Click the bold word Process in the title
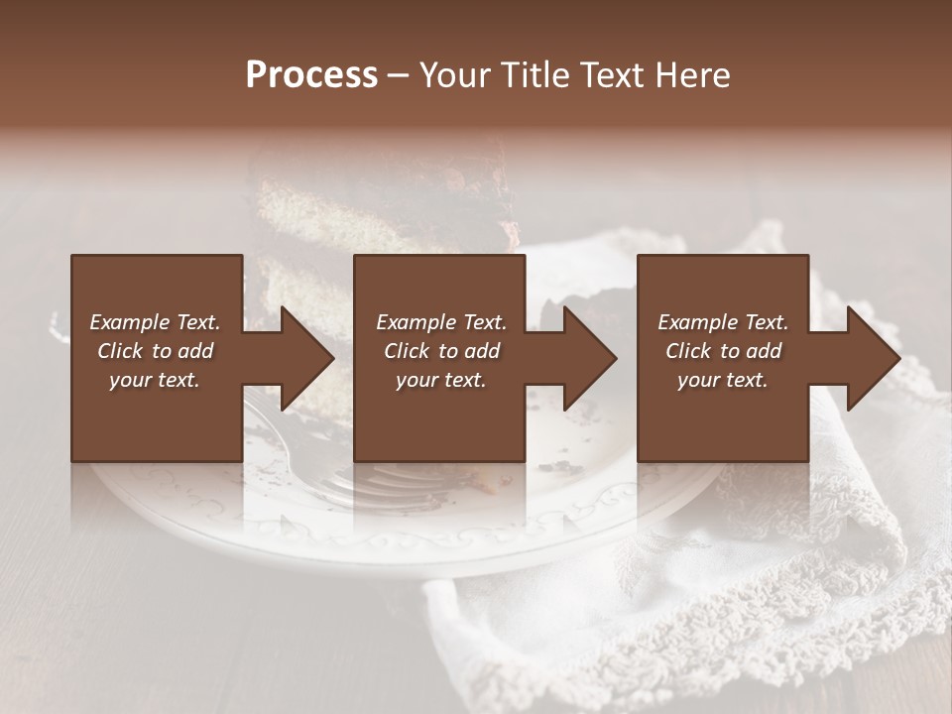coord(311,74)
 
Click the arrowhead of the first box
coord(307,358)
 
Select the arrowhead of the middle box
coord(590,358)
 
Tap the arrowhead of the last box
coord(874,358)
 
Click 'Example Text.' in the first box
coord(155,322)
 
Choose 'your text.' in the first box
coord(155,380)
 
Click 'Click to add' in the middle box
coord(441,351)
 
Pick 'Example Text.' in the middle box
coord(441,322)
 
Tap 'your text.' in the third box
coord(722,380)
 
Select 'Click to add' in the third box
coord(723,351)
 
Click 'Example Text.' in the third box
coord(723,322)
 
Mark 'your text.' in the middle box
coord(440,380)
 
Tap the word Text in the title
coord(616,74)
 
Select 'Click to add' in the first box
coord(155,351)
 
